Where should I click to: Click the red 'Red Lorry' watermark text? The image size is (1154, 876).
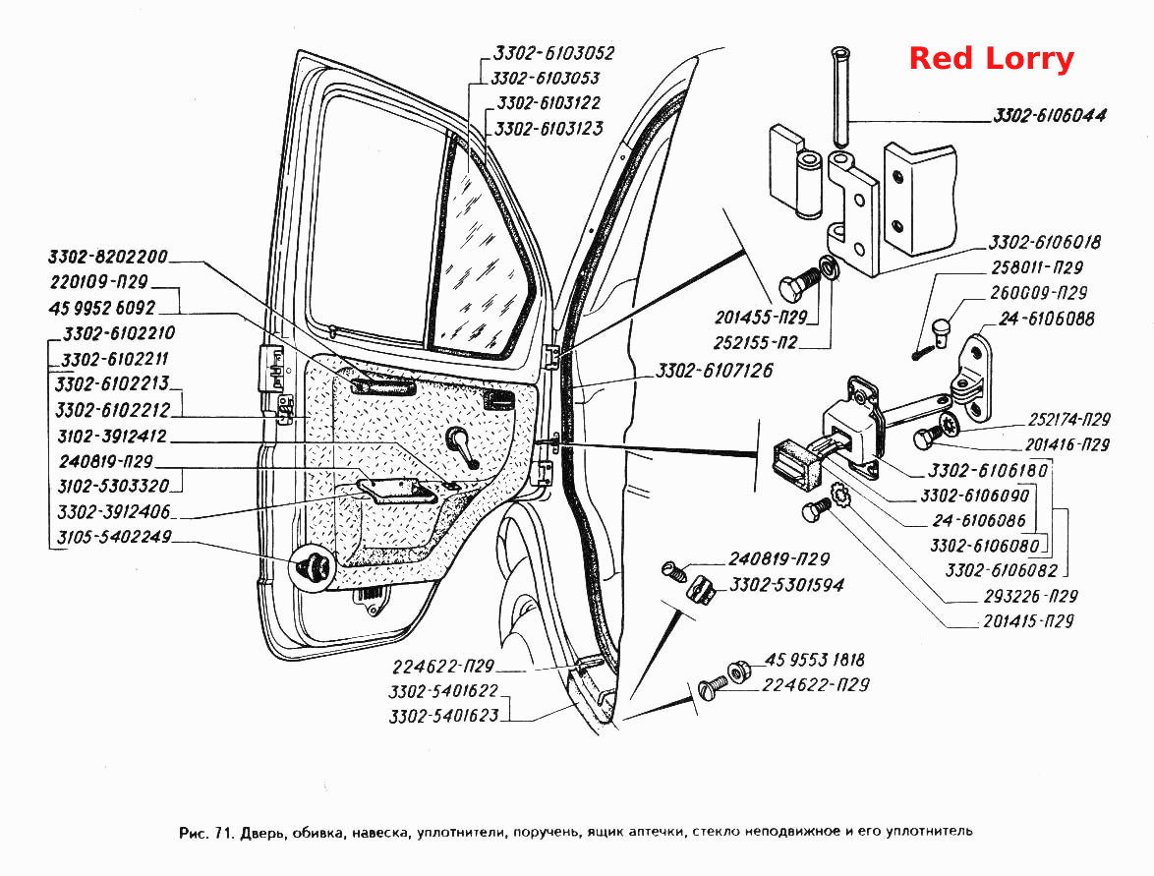992,59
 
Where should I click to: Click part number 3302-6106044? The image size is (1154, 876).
1050,116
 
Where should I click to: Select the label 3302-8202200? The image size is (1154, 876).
108,257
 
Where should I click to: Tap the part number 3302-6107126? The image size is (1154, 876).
714,371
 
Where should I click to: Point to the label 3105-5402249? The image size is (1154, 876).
114,537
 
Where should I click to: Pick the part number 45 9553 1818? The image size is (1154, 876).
815,660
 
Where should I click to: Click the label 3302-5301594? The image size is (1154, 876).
786,585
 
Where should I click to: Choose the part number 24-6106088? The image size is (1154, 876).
1047,319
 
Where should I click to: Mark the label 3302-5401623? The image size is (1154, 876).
443,716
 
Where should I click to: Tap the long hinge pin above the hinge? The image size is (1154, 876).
840,96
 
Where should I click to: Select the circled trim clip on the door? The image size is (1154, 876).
313,567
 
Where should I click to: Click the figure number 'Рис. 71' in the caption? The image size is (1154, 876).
206,832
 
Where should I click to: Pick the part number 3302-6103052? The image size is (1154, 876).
553,53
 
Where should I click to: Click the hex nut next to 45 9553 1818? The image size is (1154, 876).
738,672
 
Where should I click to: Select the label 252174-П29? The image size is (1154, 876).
1069,420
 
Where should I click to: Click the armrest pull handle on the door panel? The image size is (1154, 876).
395,491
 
